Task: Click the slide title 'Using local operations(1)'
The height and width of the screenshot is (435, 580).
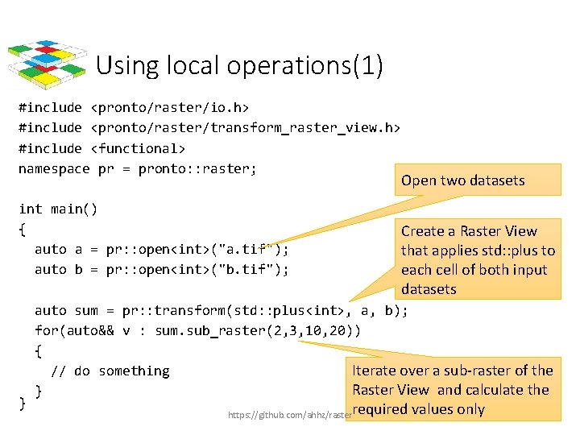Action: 238,65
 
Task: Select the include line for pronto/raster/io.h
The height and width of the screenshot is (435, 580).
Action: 133,107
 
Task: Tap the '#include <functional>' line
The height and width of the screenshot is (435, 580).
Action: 101,148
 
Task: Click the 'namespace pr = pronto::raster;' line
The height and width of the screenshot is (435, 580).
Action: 137,168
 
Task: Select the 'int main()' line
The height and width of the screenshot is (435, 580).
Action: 58,209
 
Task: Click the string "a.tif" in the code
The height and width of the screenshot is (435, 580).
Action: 246,250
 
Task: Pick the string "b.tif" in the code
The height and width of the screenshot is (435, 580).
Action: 246,270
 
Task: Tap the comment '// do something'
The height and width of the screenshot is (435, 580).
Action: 110,371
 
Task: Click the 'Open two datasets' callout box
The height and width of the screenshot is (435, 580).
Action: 463,180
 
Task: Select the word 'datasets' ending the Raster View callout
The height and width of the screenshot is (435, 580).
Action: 429,289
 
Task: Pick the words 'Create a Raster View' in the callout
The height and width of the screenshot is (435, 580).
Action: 469,231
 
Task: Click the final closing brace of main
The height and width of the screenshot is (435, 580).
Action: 23,401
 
